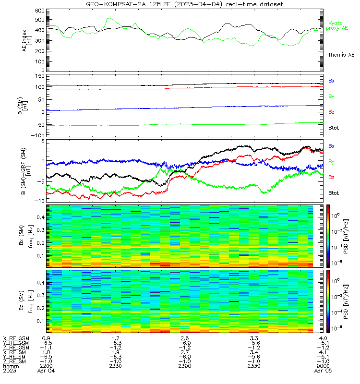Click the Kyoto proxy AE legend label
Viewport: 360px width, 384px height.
[x=337, y=26]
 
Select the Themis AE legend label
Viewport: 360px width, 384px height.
[x=341, y=55]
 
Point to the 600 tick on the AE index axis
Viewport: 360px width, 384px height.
[x=40, y=11]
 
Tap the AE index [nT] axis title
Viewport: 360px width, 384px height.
[x=27, y=41]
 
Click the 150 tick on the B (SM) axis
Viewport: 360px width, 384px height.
[x=40, y=76]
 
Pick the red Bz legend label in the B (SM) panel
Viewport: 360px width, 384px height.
[x=331, y=112]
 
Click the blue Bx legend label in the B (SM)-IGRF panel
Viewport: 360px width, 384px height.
[x=331, y=146]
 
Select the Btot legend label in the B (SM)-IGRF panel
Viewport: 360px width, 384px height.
[x=334, y=193]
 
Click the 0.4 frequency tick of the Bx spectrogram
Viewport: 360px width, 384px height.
[x=41, y=217]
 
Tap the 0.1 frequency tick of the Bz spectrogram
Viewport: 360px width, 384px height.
[x=41, y=321]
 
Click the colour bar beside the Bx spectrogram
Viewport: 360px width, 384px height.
[x=328, y=236]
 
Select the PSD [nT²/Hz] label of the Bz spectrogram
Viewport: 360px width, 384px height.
[x=346, y=302]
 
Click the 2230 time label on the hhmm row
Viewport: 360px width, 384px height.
[x=115, y=366]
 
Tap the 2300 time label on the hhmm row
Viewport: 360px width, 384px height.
[x=185, y=366]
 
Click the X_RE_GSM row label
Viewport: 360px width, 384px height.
[x=16, y=338]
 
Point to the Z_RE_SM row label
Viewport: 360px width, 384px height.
[x=14, y=361]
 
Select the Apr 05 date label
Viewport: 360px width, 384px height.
[x=323, y=371]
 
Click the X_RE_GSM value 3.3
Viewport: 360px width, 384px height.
[x=254, y=338]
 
